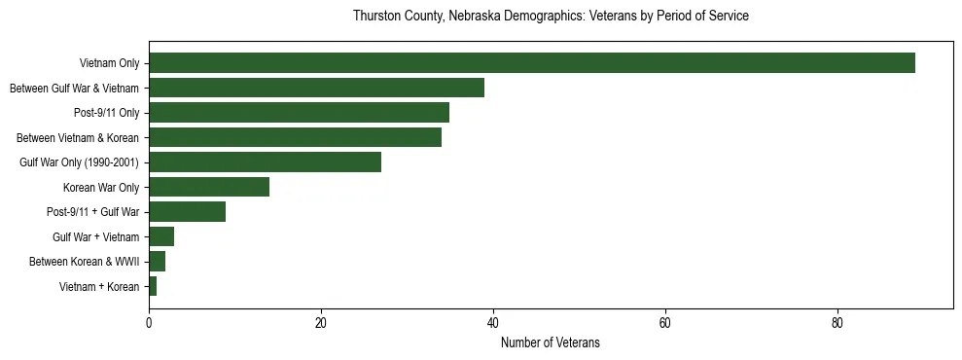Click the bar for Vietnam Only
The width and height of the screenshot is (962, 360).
tap(531, 63)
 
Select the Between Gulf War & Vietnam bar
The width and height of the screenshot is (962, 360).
tap(316, 88)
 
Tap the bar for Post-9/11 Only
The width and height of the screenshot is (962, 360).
tap(299, 113)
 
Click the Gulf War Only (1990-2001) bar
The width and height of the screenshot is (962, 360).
tap(265, 162)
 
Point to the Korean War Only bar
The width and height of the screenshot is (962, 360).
tap(209, 187)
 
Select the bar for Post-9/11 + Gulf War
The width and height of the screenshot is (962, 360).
tap(187, 212)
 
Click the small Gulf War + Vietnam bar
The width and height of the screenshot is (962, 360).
tap(161, 236)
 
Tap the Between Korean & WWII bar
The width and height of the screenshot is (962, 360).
tap(157, 262)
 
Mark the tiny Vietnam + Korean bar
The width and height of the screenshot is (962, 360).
tap(153, 286)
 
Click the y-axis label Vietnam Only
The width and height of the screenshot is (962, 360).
tap(109, 64)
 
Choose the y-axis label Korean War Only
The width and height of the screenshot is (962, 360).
tap(101, 187)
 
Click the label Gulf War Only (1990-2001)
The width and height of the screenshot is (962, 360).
tap(79, 162)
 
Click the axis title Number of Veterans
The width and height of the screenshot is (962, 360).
tap(550, 343)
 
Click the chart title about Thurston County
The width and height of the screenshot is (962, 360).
tap(550, 17)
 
